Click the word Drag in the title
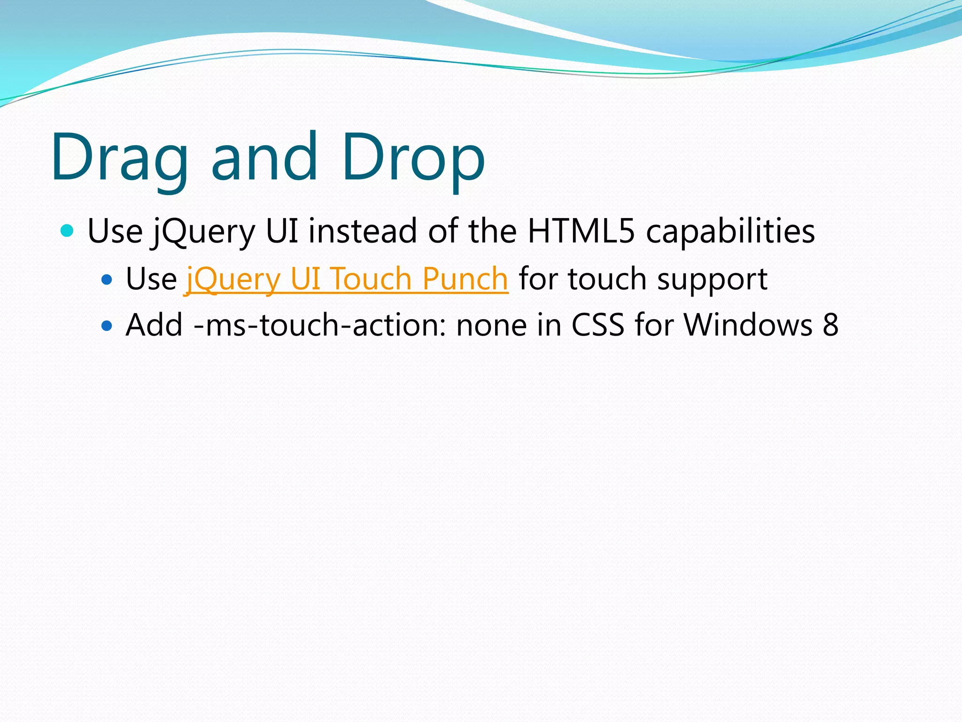tap(119, 157)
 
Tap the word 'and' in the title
tap(264, 157)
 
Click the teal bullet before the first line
tap(68, 231)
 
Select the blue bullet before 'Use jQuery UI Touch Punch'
tap(107, 280)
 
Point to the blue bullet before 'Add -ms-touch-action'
tap(107, 326)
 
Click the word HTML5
tap(581, 231)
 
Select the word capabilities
tap(730, 231)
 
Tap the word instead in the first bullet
tap(362, 231)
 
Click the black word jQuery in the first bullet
tap(203, 231)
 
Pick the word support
tap(712, 279)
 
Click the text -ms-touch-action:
tap(319, 325)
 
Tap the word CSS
tap(597, 325)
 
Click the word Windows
tap(747, 325)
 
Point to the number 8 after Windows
tap(830, 325)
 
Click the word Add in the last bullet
tap(154, 325)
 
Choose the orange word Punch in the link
tap(465, 279)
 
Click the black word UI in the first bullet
tap(282, 231)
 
